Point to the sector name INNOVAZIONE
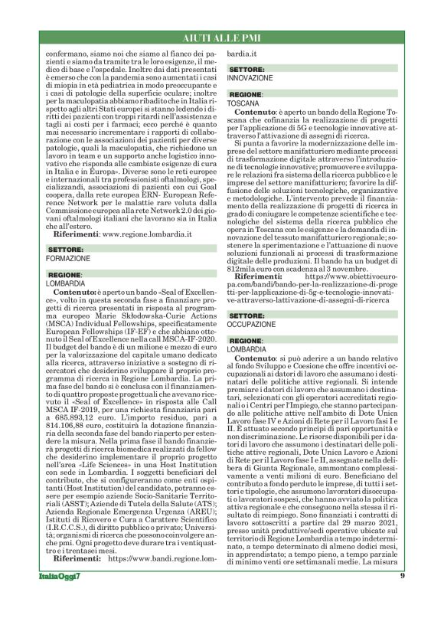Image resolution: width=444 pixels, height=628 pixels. [250, 78]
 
